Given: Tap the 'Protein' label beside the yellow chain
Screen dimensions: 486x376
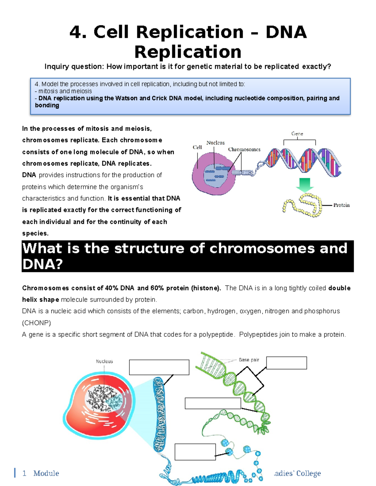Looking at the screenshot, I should [x=341, y=205].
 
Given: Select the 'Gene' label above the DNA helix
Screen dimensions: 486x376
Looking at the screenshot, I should [x=297, y=134].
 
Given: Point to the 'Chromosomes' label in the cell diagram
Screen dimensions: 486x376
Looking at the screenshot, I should [x=244, y=150].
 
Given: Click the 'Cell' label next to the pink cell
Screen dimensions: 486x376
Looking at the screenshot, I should [x=197, y=147].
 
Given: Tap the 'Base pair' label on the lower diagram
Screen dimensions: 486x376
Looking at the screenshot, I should [x=249, y=360].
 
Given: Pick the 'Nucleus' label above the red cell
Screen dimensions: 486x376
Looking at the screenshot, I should [x=104, y=361].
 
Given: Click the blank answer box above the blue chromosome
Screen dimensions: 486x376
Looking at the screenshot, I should [x=159, y=367].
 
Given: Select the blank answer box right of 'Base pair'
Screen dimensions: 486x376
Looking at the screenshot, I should [x=286, y=363].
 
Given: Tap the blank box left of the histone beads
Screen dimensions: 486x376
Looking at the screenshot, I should [x=195, y=452].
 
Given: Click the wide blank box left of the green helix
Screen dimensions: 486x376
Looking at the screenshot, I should [x=213, y=403].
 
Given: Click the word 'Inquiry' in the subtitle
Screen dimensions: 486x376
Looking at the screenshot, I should [x=56, y=67].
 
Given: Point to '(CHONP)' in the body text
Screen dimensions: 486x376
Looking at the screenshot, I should [x=36, y=323].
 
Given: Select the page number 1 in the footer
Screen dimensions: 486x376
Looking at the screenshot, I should [x=24, y=473].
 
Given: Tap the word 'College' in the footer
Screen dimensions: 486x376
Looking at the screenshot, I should [x=308, y=473].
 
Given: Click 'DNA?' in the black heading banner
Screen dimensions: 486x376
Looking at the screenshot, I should [x=43, y=265].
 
